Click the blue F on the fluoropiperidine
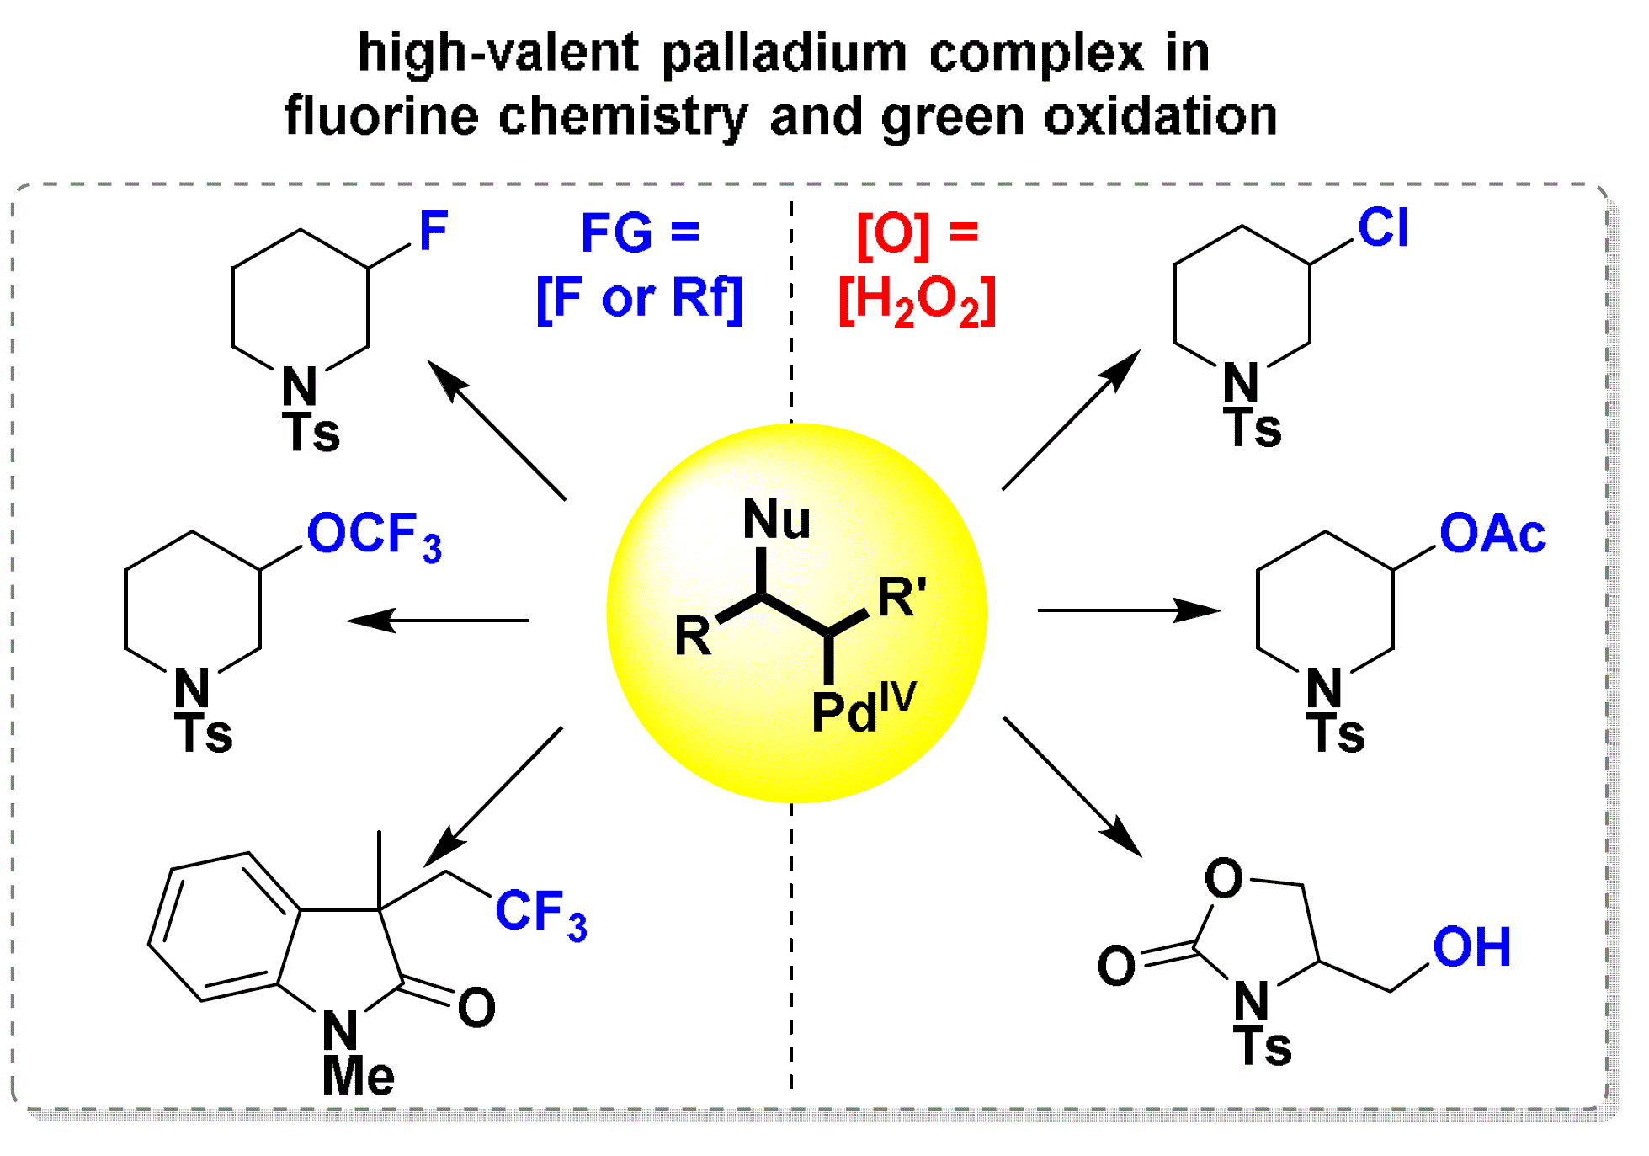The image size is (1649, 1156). click(x=434, y=231)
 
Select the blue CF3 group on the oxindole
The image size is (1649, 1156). click(x=540, y=914)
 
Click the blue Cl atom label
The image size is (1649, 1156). click(x=1382, y=227)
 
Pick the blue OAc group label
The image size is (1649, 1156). click(x=1492, y=534)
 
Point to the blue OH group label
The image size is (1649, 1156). click(x=1471, y=947)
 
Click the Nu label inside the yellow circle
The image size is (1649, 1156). click(x=776, y=519)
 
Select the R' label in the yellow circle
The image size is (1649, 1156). click(x=902, y=598)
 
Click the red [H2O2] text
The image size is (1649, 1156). click(x=917, y=301)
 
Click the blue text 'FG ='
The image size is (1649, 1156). click(x=640, y=232)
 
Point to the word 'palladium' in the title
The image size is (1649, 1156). click(x=784, y=53)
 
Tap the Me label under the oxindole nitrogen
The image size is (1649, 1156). click(x=358, y=1075)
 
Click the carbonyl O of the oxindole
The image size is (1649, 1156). click(x=476, y=1008)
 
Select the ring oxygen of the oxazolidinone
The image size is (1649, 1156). click(x=1223, y=878)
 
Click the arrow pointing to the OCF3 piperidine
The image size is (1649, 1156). click(x=438, y=621)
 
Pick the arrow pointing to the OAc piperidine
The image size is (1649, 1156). click(x=1128, y=610)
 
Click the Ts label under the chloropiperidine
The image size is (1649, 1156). click(x=1253, y=428)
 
